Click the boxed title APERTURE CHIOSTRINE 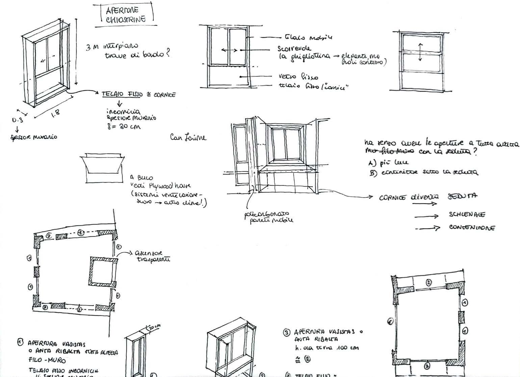(126, 15)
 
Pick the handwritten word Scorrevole (294, 49)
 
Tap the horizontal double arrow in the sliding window (229, 50)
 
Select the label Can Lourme (188, 138)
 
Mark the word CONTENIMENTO (472, 228)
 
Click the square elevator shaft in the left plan (103, 271)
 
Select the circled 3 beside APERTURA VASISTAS (287, 333)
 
